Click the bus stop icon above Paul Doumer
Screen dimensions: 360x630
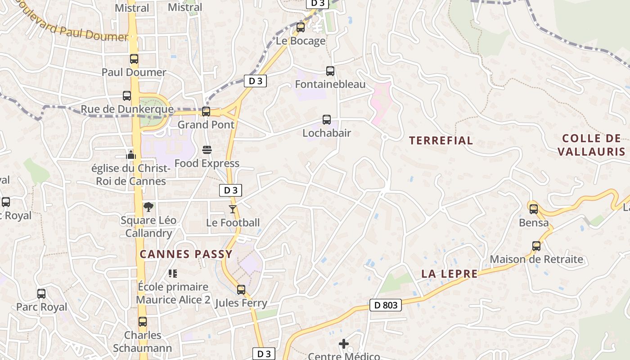pos(134,59)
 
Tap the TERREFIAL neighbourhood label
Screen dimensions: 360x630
pos(441,140)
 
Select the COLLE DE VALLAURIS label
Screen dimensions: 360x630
pos(591,145)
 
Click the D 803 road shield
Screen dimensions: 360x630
pos(386,305)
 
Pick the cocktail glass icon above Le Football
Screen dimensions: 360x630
pos(233,209)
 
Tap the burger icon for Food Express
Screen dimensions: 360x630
pos(207,149)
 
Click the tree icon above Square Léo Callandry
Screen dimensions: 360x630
pos(148,207)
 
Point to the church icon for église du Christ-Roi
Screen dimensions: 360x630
pos(131,155)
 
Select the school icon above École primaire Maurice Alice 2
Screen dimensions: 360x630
pos(173,273)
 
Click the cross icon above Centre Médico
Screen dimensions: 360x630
pos(344,344)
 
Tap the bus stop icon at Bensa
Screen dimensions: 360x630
pos(534,209)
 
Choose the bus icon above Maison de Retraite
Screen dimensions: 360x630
pos(536,246)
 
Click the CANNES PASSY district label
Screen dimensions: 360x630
pos(186,254)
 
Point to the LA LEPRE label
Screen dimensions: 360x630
pos(449,274)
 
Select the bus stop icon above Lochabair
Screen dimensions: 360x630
pos(327,120)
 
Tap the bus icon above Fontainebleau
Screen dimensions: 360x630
pos(330,71)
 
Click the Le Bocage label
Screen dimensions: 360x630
pos(301,41)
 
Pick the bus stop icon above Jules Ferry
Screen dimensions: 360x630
pos(241,289)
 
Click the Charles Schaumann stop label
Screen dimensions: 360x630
pos(143,342)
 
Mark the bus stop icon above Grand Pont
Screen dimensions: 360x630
pos(206,112)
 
